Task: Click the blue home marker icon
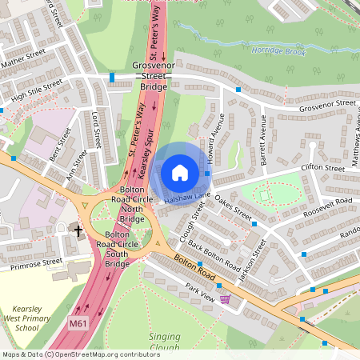tap(180, 172)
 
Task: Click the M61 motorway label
tap(77, 323)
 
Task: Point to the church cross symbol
tap(79, 230)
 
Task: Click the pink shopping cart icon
tap(226, 299)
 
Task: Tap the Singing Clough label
tap(164, 342)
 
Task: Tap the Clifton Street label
tap(322, 168)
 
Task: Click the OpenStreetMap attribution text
tap(70, 354)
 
